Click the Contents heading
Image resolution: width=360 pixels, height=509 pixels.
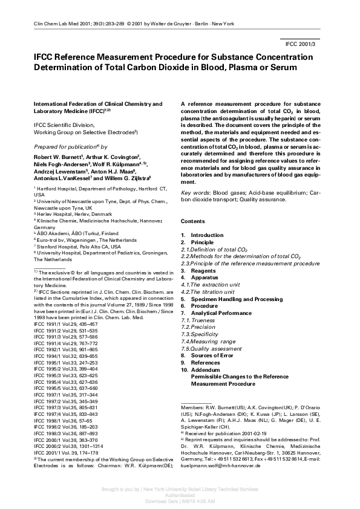click(x=192, y=222)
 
